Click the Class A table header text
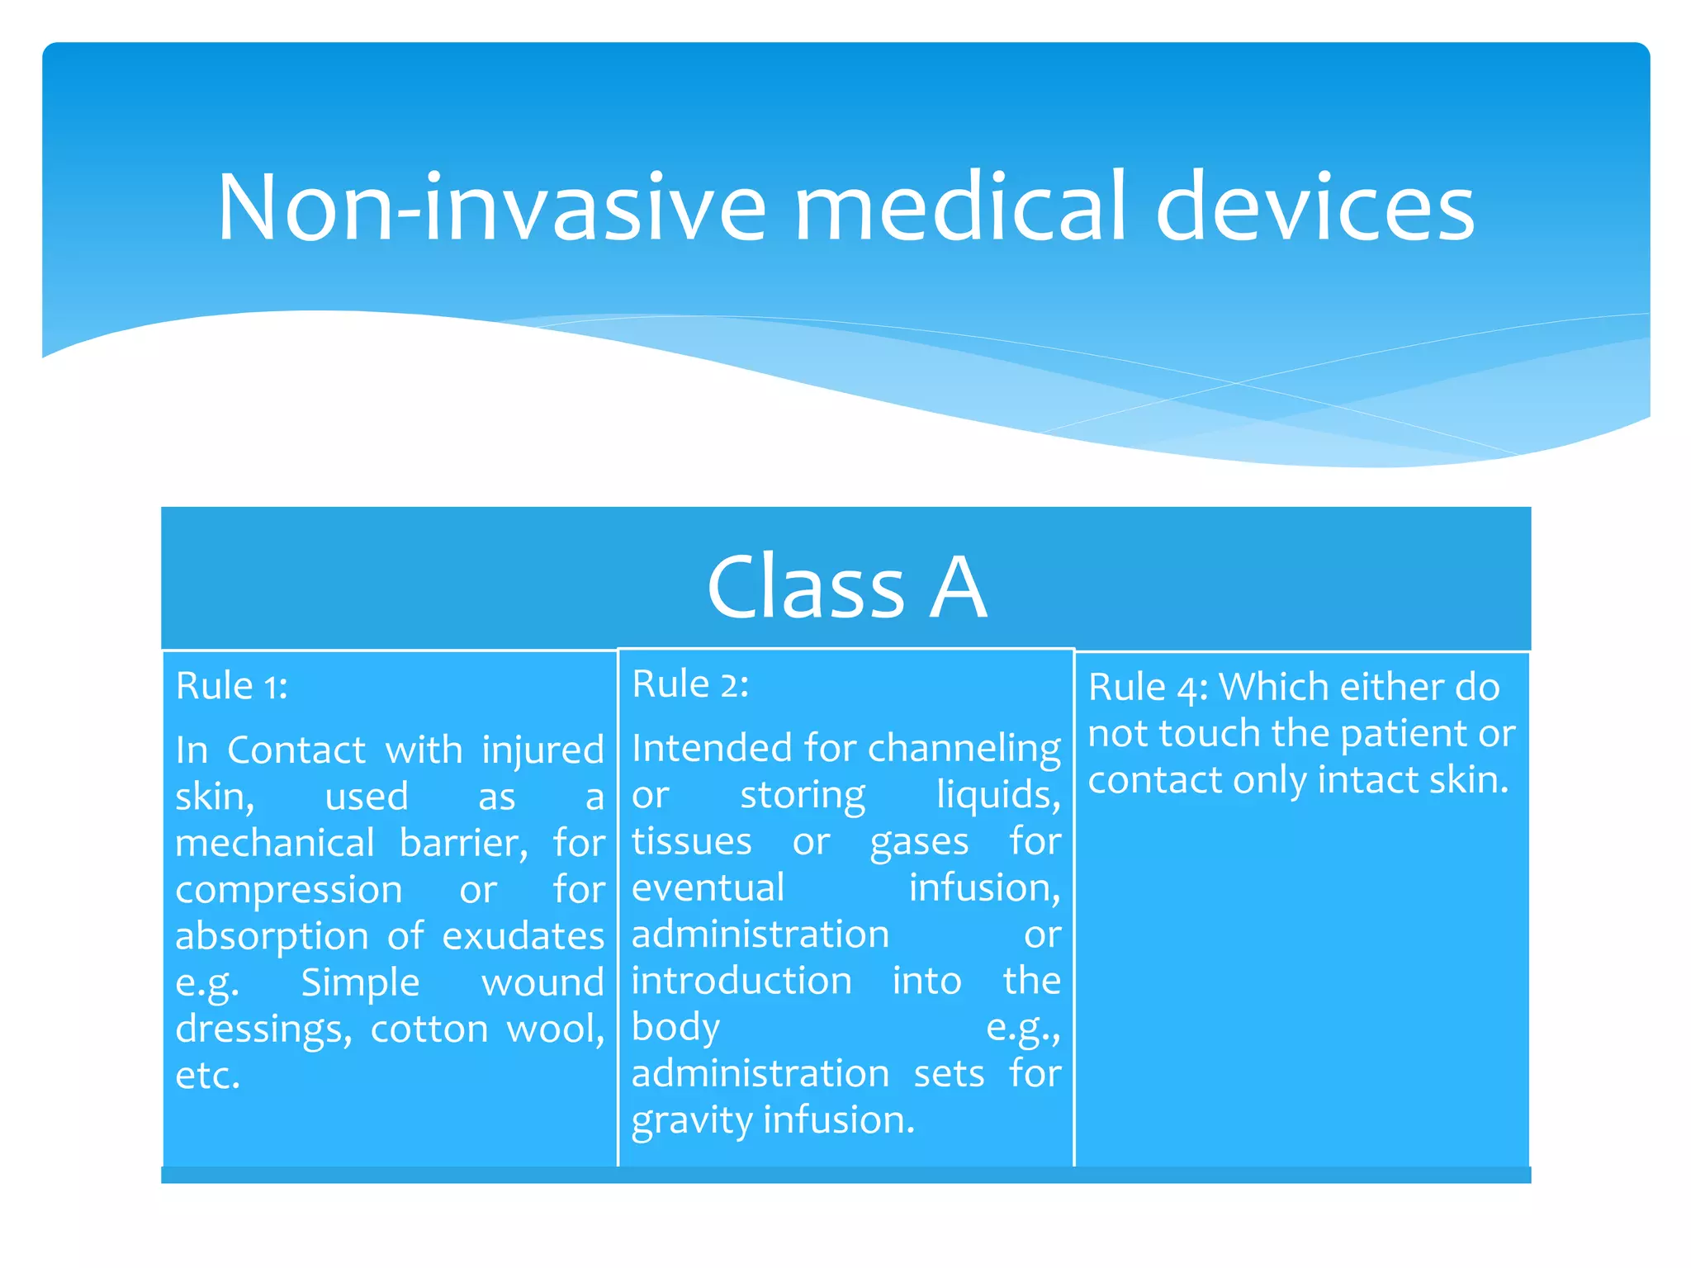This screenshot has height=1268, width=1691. [x=846, y=586]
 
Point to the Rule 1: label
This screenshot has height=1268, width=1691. [x=232, y=686]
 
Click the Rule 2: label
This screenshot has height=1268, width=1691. [x=690, y=684]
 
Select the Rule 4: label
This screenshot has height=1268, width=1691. [x=1148, y=688]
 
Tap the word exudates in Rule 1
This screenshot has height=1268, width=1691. [x=523, y=936]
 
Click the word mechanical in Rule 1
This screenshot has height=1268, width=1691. [x=275, y=844]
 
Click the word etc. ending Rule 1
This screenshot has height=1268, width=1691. [x=208, y=1076]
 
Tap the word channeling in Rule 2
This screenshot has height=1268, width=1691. [x=964, y=749]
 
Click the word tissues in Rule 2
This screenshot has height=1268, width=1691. [x=691, y=842]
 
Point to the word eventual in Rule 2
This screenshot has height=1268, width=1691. [x=708, y=888]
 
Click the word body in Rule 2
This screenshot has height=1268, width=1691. [x=675, y=1028]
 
